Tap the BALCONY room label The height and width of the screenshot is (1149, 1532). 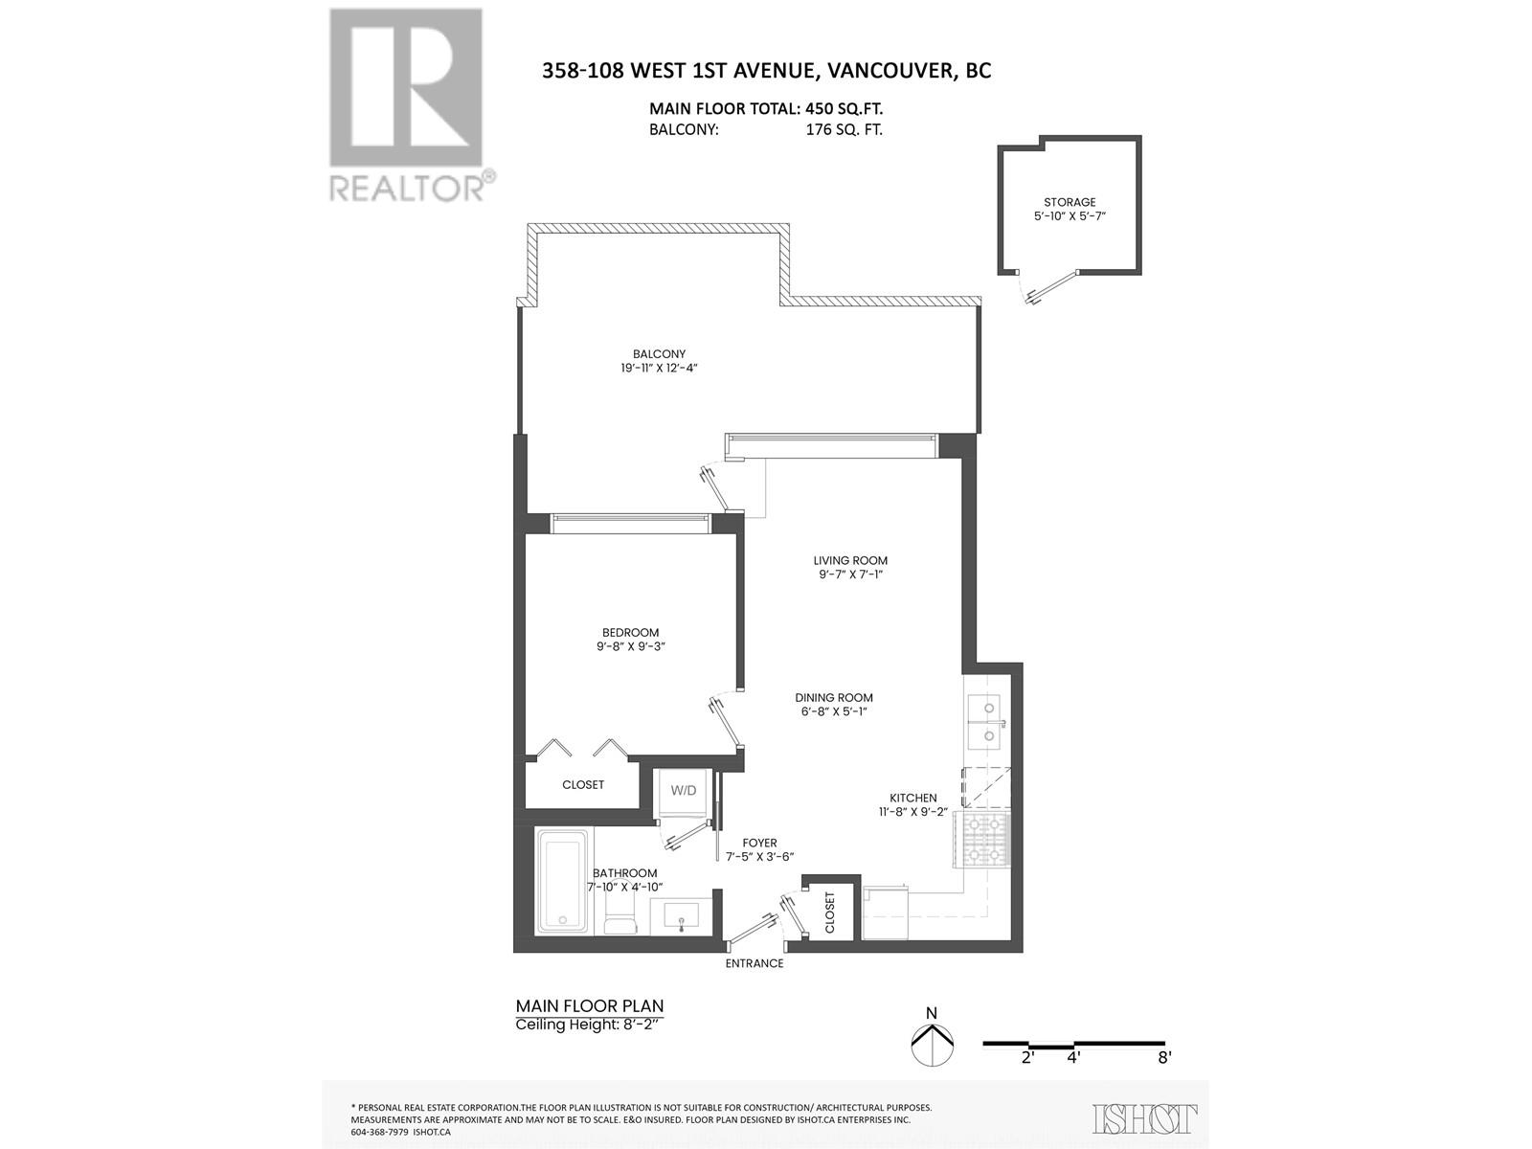pyautogui.click(x=659, y=354)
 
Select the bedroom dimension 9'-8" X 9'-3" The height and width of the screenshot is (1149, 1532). pyautogui.click(x=630, y=646)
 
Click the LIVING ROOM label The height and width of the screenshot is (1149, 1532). pyautogui.click(x=850, y=561)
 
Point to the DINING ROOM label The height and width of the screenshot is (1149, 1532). pyautogui.click(x=833, y=698)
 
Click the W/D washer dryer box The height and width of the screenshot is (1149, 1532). pyautogui.click(x=684, y=791)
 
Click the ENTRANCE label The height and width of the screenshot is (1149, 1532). pyautogui.click(x=755, y=963)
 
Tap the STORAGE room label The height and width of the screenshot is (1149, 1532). pyautogui.click(x=1070, y=202)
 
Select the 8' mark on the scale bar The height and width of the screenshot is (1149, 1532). pyautogui.click(x=1164, y=1058)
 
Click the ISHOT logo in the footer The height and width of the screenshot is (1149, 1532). pyautogui.click(x=1145, y=1118)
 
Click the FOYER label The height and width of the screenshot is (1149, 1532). pyautogui.click(x=759, y=844)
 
